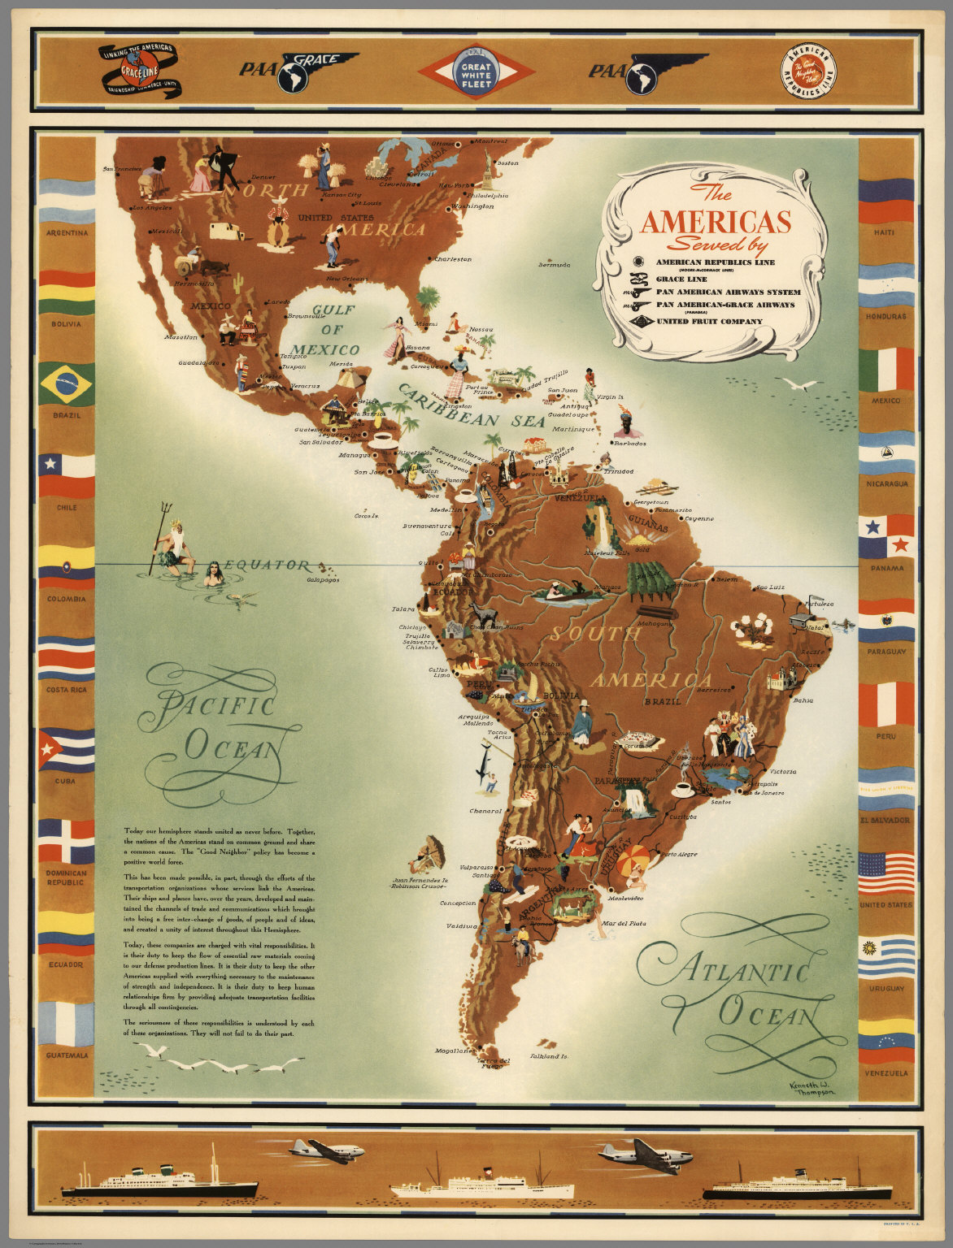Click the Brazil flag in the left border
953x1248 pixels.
click(67, 383)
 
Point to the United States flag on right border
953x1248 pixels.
click(886, 872)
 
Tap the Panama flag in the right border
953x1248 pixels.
click(886, 535)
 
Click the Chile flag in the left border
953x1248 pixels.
click(67, 475)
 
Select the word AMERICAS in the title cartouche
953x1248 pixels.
click(716, 222)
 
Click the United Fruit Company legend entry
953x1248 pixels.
click(709, 321)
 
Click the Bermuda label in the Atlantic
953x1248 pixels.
click(555, 264)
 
